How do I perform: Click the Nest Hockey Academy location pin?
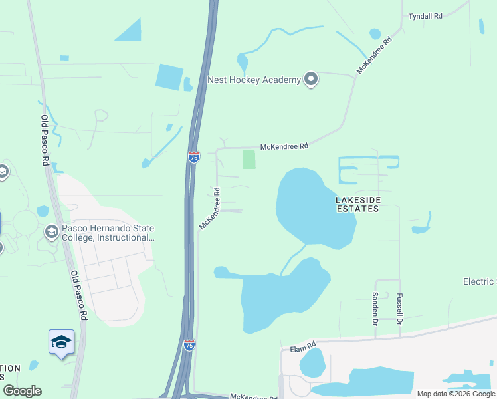pos(311,80)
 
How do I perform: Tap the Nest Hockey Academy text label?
pos(254,80)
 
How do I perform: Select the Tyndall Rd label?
pos(425,15)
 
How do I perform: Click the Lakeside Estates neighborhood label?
pos(357,203)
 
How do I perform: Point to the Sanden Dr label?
pos(375,304)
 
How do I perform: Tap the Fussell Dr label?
pos(399,309)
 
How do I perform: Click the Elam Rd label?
pos(302,348)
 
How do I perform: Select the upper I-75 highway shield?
pos(193,157)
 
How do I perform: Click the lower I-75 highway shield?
pos(189,344)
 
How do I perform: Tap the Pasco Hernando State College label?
pos(108,232)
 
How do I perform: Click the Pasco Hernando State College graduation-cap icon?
pos(51,232)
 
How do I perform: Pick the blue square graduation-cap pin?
pos(61,342)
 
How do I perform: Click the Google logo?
pos(22,391)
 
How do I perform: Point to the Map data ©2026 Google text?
pos(456,394)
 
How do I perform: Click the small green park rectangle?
pos(249,159)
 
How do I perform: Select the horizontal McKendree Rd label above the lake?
pos(284,146)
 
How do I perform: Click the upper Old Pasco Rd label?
pos(45,140)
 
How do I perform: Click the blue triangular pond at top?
pos(130,31)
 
